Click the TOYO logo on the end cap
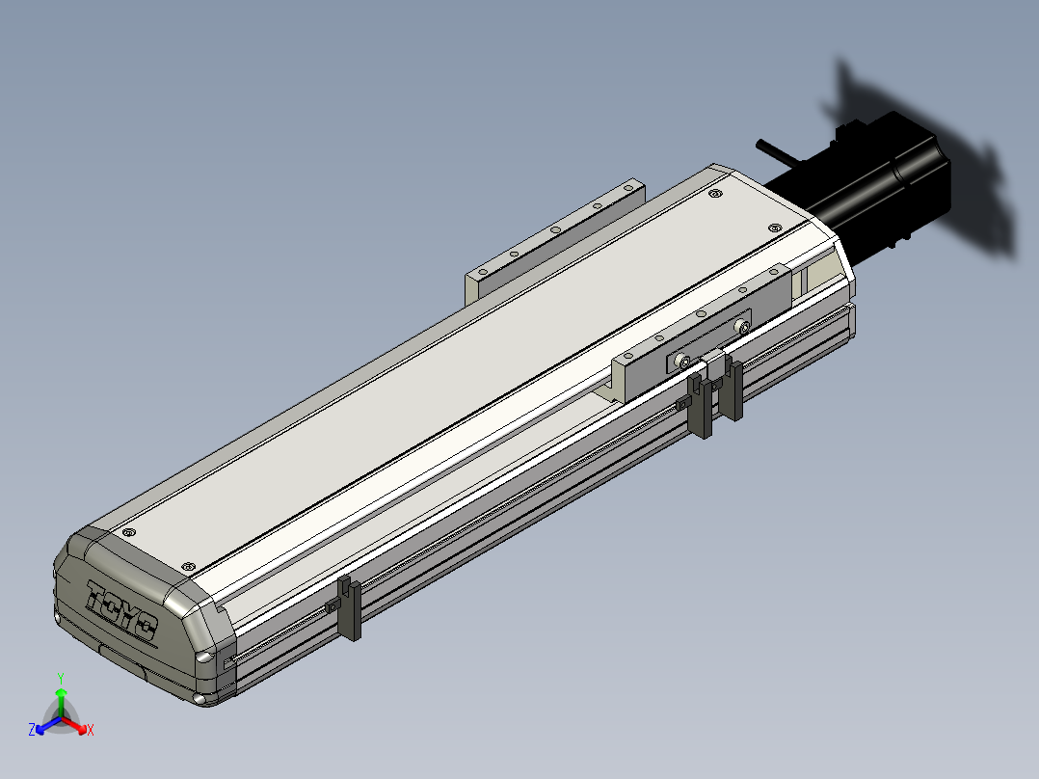click(x=121, y=610)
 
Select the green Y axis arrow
click(x=61, y=703)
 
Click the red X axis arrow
click(x=74, y=725)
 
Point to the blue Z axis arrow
click(x=48, y=725)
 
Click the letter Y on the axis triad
click(x=61, y=679)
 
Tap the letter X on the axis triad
click(x=91, y=730)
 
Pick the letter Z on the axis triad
click(x=32, y=729)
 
